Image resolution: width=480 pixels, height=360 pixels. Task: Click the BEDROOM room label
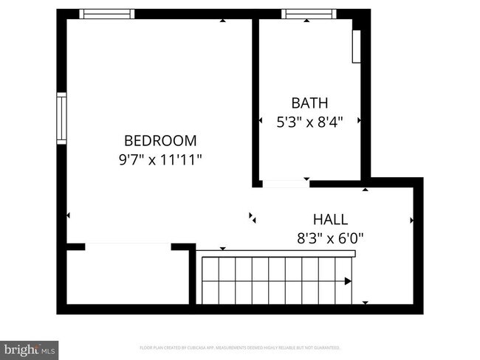point(160,140)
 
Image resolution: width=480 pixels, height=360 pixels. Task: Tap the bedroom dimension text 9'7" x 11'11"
point(160,159)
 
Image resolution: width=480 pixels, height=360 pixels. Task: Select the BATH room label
point(309,103)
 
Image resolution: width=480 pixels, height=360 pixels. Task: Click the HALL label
point(330,219)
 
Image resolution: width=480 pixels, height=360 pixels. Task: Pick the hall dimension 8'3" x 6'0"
point(330,238)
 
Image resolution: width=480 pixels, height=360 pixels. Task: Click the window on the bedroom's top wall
point(107,13)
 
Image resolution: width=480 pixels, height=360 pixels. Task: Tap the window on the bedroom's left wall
point(62,118)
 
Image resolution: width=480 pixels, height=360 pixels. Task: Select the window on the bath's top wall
point(309,13)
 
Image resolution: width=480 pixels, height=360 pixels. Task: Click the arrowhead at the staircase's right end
point(348,280)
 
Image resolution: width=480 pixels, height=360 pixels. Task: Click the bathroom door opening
point(286,182)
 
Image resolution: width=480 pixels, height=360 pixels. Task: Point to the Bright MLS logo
point(30,348)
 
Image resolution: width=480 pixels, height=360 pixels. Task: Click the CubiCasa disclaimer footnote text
point(240,347)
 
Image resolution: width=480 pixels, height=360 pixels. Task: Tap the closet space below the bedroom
point(126,277)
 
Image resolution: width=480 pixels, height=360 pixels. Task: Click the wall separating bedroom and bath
point(256,100)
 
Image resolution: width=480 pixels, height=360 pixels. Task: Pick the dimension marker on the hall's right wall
point(411,220)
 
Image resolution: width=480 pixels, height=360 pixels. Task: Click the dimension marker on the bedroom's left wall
point(69,215)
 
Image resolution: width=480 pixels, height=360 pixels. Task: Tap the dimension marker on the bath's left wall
point(261,120)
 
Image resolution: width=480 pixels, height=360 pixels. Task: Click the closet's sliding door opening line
point(129,245)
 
